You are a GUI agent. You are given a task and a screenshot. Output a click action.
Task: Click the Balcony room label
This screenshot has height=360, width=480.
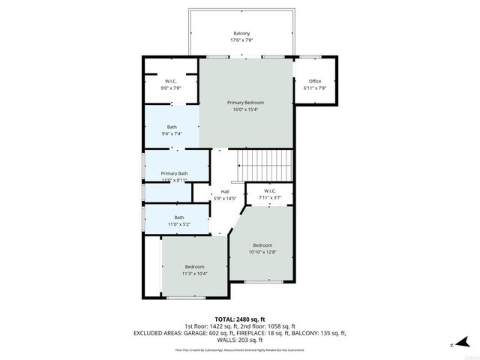[241, 34]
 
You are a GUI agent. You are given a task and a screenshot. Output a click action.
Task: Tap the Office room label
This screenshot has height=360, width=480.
[314, 81]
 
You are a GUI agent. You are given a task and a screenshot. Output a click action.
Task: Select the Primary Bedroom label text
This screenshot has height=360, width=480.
[245, 102]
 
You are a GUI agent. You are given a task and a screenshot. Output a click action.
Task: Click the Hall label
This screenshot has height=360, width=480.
[224, 192]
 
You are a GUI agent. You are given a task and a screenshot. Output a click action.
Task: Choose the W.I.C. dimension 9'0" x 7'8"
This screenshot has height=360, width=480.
[171, 88]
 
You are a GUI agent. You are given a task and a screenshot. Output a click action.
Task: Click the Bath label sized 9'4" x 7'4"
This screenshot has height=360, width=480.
[172, 127]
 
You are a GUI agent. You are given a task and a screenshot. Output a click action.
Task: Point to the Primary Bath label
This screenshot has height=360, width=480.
[175, 173]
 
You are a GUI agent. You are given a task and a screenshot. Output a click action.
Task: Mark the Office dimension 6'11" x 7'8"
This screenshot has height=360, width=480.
[314, 88]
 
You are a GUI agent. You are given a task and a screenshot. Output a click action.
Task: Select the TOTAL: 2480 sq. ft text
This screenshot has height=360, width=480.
[240, 319]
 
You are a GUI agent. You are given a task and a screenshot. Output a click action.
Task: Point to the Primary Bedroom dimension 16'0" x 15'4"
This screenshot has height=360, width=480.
[245, 109]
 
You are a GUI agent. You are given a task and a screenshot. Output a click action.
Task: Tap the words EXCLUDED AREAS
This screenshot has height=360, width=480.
[160, 333]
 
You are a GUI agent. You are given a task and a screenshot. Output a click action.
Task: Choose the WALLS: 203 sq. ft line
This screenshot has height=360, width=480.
[240, 340]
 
